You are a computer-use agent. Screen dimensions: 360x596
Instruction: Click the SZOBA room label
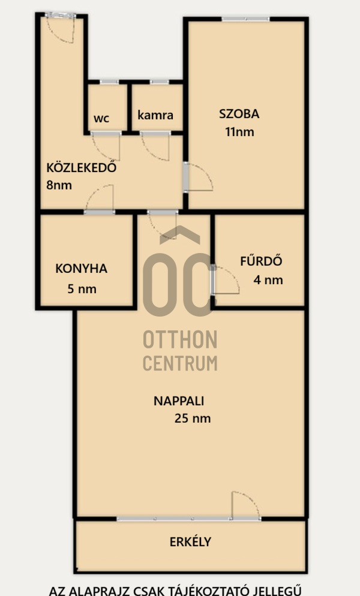coord(239,114)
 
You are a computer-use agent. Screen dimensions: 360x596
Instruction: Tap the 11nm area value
coord(239,132)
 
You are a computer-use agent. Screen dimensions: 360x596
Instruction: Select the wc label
coord(101,119)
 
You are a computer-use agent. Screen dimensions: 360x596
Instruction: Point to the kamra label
coord(155,115)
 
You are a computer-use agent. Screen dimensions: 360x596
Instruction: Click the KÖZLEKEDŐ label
coord(81,167)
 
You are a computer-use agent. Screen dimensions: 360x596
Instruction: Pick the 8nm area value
coord(59,185)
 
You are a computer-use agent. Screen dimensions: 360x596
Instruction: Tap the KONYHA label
coord(82,269)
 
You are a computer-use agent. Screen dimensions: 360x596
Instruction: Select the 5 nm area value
coord(82,289)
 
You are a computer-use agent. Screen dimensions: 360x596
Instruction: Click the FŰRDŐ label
coord(261,261)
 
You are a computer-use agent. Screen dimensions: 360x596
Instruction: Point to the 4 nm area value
coord(268,280)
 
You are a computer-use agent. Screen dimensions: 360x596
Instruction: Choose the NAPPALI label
coord(179,401)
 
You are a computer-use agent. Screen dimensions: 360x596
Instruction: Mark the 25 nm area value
coord(193,419)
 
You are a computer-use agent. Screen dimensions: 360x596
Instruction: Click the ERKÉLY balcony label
coord(190,541)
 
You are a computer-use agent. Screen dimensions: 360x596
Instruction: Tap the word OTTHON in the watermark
coord(180,340)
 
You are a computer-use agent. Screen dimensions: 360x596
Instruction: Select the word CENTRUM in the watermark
coord(180,363)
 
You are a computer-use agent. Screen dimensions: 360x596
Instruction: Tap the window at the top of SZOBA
coord(246,19)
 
